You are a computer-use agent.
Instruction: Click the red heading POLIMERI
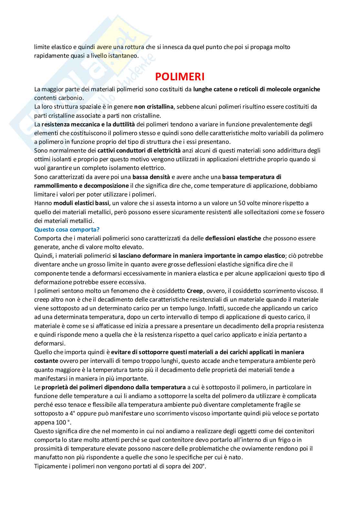point(180,76)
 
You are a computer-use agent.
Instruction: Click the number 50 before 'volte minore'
point(242,203)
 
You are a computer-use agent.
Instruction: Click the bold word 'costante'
point(46,361)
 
